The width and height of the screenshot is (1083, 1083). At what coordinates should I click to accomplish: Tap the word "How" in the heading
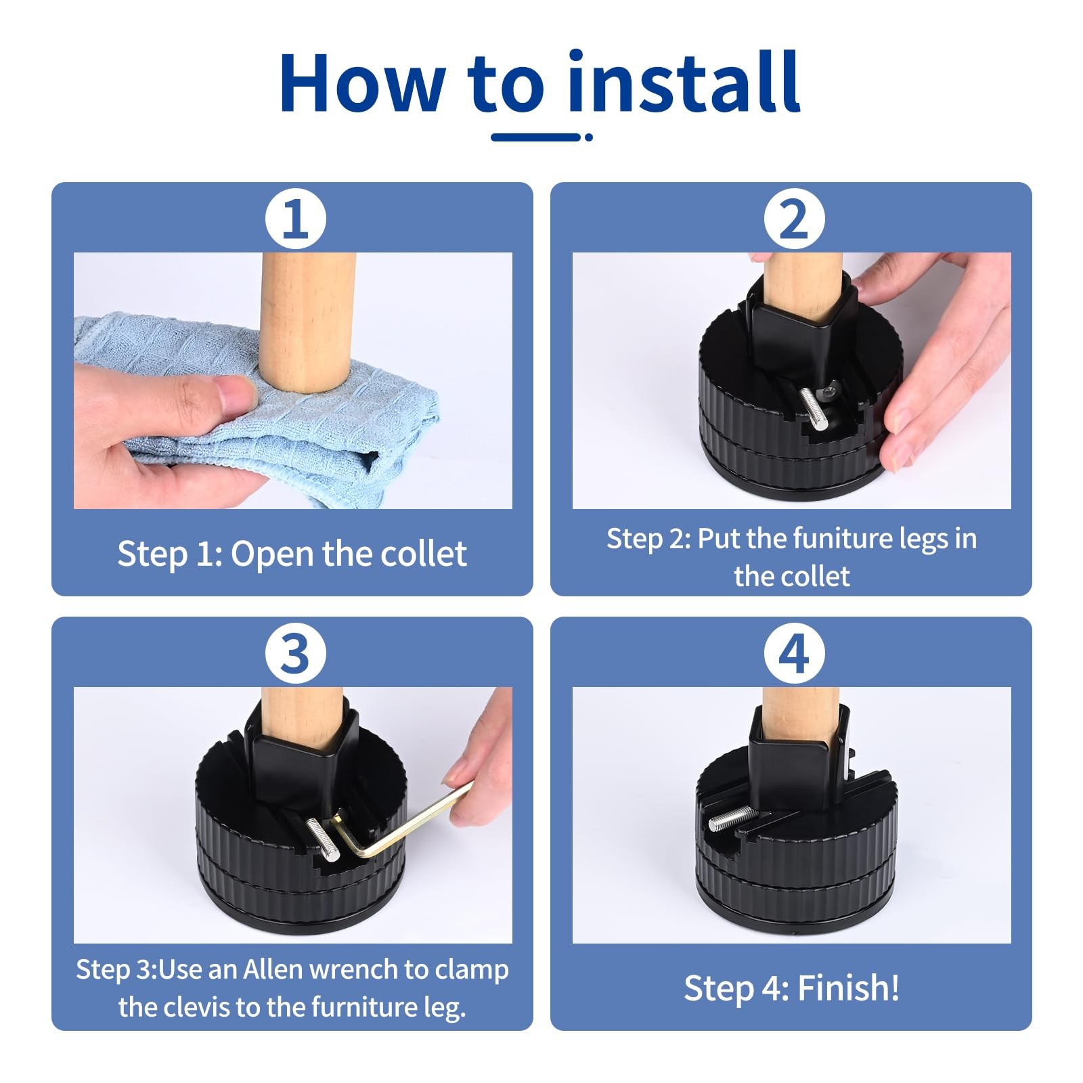(362, 83)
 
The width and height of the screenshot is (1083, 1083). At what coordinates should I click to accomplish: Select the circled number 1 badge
(295, 219)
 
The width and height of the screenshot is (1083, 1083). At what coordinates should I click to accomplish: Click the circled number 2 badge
(794, 219)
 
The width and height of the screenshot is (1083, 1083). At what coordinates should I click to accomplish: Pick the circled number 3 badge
(295, 654)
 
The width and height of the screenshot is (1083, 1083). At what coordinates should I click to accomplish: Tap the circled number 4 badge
(794, 654)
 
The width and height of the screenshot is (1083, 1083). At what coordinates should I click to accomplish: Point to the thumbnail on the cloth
(233, 395)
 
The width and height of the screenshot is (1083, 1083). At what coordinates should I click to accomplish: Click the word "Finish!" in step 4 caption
(849, 988)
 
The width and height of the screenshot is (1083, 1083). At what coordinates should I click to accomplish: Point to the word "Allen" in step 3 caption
(272, 969)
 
